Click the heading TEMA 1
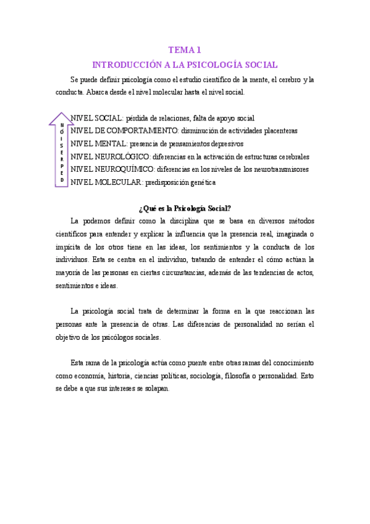pyautogui.click(x=185, y=50)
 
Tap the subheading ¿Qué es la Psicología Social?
pyautogui.click(x=185, y=208)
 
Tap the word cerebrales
pyautogui.click(x=289, y=157)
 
